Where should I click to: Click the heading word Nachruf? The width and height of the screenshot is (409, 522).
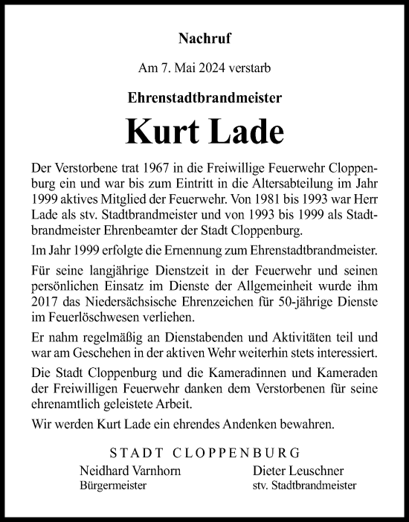click(x=204, y=35)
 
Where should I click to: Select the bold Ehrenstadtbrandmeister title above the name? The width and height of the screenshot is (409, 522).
click(x=204, y=97)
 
